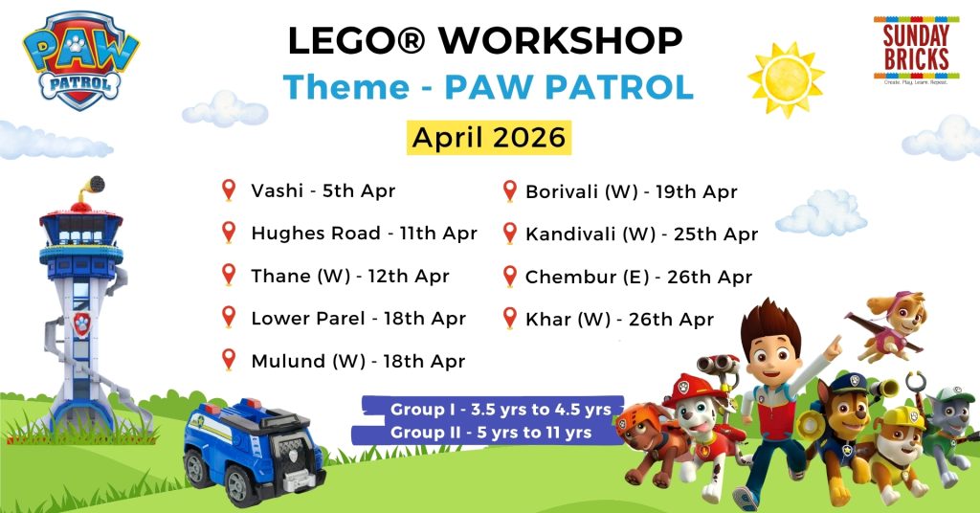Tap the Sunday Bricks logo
pos(916,50)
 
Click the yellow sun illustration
pos(786,79)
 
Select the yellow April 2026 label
pos(489,138)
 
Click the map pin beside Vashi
pos(229,190)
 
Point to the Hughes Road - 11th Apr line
pos(364,234)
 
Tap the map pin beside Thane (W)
pos(229,275)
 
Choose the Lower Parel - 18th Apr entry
pos(358,318)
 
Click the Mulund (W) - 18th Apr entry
pos(358,361)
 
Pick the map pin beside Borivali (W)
pos(510,191)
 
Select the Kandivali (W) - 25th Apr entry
pos(641,234)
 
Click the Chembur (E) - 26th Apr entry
pos(638,277)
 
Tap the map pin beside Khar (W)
pos(510,319)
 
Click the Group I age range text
pos(501,410)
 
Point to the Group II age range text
pos(491,433)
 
